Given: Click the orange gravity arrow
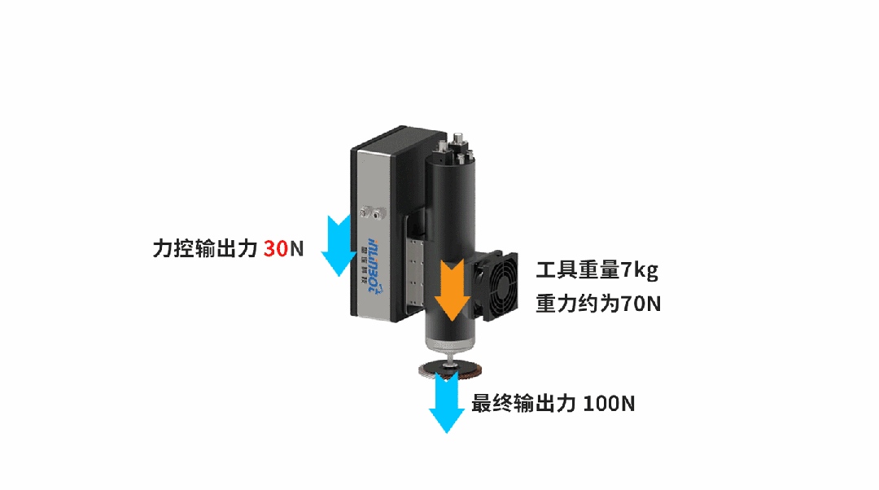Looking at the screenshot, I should point(450,291).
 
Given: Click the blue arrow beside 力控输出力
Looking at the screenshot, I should point(335,247).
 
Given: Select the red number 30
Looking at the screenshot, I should point(276,248).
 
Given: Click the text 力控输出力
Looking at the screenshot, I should point(205,248).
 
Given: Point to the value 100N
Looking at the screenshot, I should point(610,403).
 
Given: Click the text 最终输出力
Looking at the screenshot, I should point(524,403).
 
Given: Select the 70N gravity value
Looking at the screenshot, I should point(640,304).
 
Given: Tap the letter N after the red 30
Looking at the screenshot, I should point(297,248).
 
